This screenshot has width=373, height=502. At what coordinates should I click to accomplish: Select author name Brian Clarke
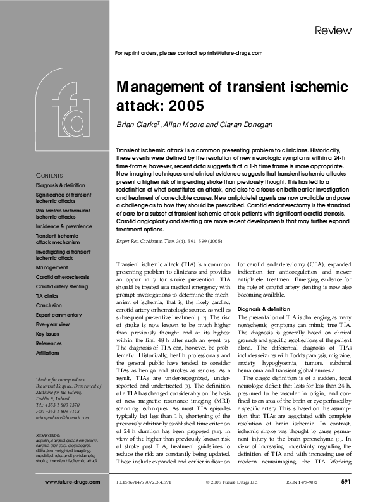[x=137, y=125]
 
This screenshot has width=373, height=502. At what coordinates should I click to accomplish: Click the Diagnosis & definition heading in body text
[x=266, y=309]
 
